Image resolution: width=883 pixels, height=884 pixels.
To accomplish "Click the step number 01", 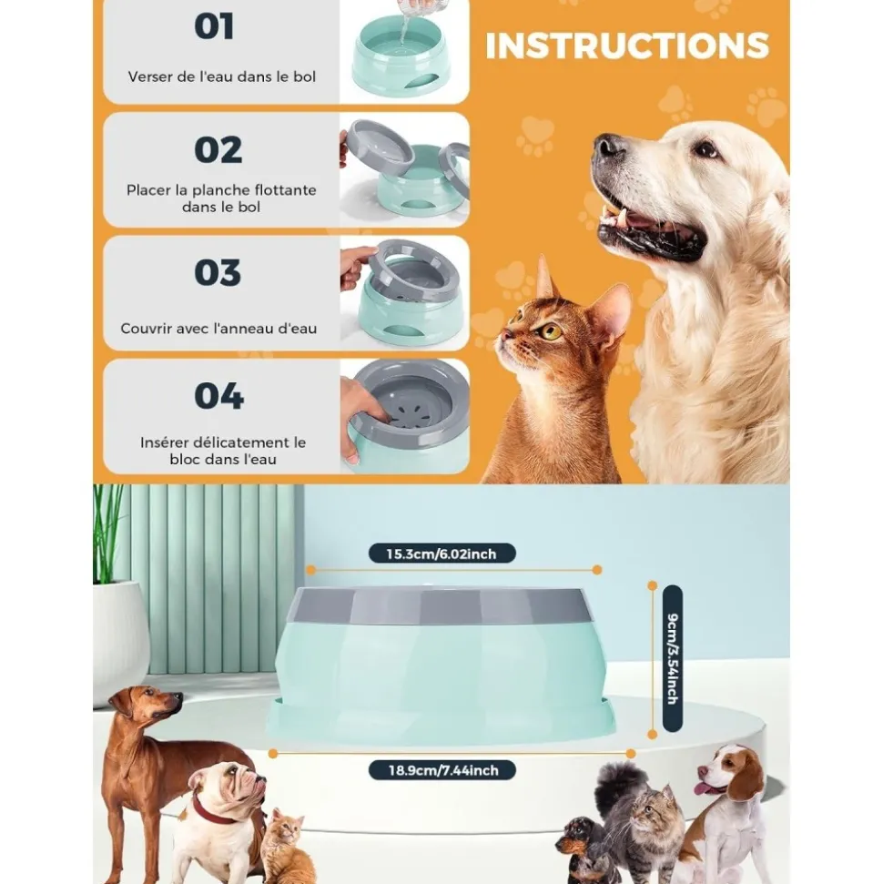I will pyautogui.click(x=214, y=26).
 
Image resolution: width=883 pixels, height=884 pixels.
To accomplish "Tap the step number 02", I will pyautogui.click(x=218, y=149).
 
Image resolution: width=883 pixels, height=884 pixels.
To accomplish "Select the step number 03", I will pyautogui.click(x=218, y=273).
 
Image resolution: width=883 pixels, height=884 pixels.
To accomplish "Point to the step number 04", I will pyautogui.click(x=218, y=396).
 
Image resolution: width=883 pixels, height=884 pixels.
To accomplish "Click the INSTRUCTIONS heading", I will pyautogui.click(x=627, y=46).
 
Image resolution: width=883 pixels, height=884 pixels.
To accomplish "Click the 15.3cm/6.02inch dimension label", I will pyautogui.click(x=442, y=553).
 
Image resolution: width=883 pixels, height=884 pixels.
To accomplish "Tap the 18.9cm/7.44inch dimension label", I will pyautogui.click(x=443, y=770).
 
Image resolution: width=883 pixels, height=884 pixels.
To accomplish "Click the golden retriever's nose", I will pyautogui.click(x=609, y=146).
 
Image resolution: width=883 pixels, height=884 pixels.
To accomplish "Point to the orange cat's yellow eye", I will pyautogui.click(x=551, y=331).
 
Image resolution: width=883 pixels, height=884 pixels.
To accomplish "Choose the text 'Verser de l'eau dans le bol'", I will pyautogui.click(x=222, y=77).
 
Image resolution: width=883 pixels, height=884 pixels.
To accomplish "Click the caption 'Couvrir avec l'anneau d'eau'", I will pyautogui.click(x=219, y=329).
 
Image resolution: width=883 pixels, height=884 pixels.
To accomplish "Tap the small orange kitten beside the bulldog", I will pyautogui.click(x=283, y=847).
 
